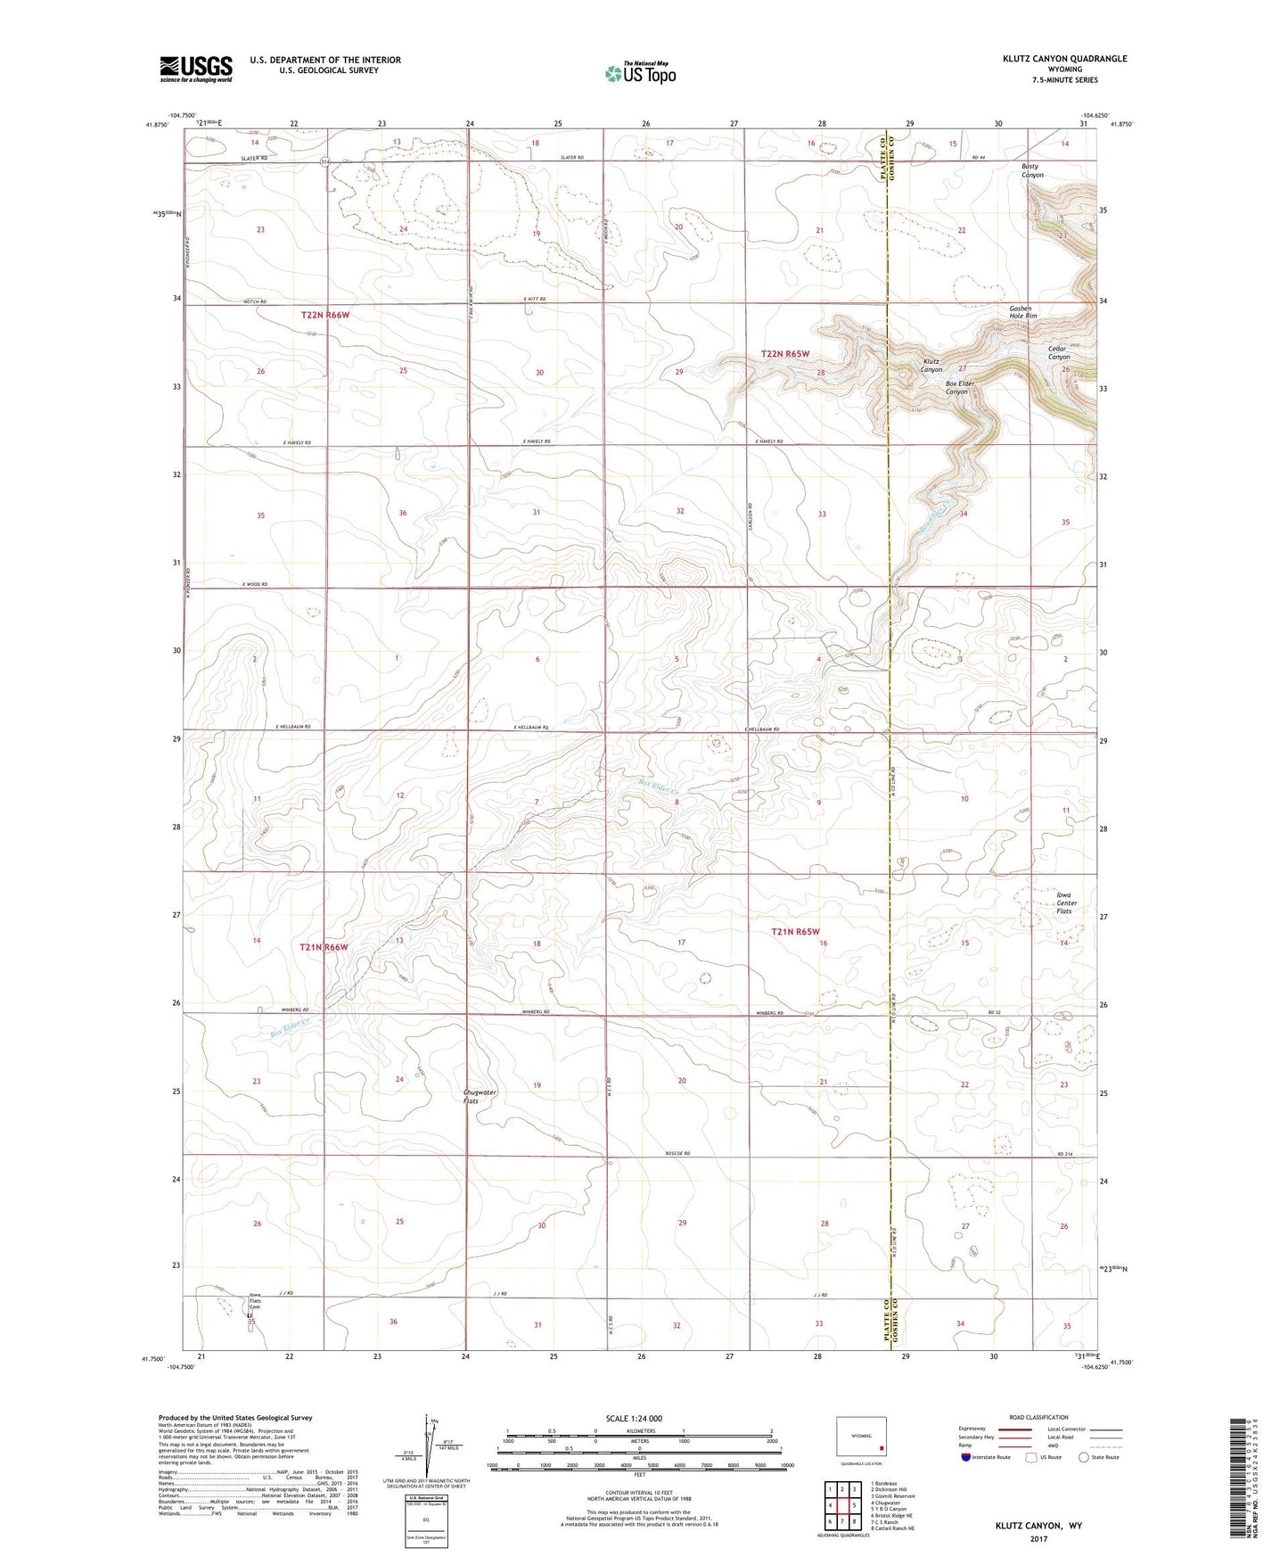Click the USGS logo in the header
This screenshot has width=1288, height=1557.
(x=196, y=69)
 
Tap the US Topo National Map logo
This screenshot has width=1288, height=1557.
(x=639, y=73)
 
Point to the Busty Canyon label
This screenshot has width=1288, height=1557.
(x=1032, y=170)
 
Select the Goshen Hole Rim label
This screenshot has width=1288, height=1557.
(x=1022, y=311)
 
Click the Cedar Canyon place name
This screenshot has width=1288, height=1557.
(x=1058, y=352)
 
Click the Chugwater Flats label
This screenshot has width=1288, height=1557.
(x=480, y=1096)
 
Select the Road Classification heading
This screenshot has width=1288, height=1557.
(x=1039, y=1417)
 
